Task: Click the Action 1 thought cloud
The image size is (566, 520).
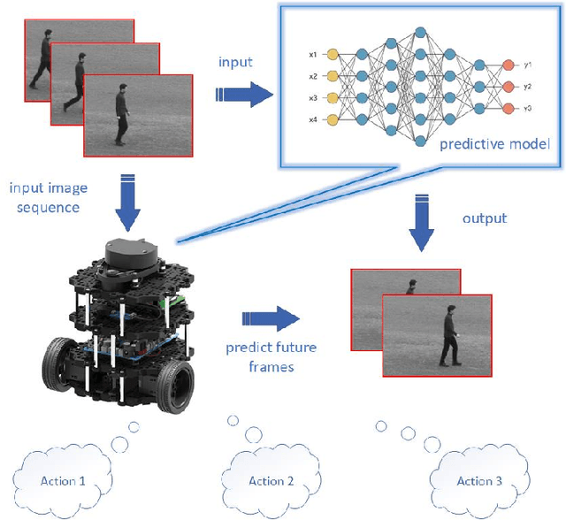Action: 63,481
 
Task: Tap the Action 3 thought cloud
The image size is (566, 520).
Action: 478,480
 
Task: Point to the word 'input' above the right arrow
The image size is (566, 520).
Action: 236,61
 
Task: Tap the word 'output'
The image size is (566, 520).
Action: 485,218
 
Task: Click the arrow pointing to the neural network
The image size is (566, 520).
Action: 245,95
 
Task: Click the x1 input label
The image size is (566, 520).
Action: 313,54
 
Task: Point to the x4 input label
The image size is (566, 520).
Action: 313,119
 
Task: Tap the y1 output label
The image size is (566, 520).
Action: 527,65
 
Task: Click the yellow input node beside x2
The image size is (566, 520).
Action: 333,76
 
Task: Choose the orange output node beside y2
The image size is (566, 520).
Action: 507,87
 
